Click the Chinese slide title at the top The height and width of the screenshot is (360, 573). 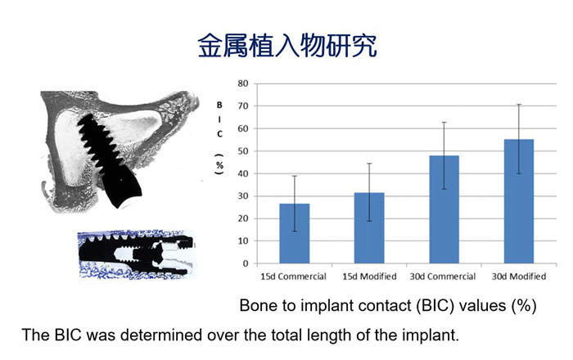pyautogui.click(x=287, y=46)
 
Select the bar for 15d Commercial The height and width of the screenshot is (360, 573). pyautogui.click(x=295, y=233)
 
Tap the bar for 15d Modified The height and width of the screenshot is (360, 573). pyautogui.click(x=369, y=227)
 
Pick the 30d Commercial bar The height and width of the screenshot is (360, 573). pyautogui.click(x=444, y=209)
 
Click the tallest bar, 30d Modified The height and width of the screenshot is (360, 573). pyautogui.click(x=519, y=201)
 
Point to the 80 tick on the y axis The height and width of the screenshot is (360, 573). pyautogui.click(x=243, y=83)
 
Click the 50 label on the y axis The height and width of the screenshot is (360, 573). pyautogui.click(x=243, y=151)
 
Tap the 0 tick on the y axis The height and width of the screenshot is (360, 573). pyautogui.click(x=246, y=263)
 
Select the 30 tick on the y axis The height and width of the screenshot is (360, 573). pyautogui.click(x=243, y=196)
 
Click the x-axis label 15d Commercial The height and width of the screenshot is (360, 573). pyautogui.click(x=293, y=277)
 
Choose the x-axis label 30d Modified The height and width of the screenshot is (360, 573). pyautogui.click(x=519, y=277)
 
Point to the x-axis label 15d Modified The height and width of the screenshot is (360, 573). pyautogui.click(x=369, y=277)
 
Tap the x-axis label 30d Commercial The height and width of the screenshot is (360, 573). pyautogui.click(x=443, y=277)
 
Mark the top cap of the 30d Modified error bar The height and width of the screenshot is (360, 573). pyautogui.click(x=519, y=105)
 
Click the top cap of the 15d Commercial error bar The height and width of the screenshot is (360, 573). pyautogui.click(x=295, y=176)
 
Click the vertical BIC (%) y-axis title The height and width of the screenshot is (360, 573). pyautogui.click(x=219, y=137)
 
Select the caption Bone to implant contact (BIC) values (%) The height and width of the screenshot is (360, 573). pyautogui.click(x=388, y=305)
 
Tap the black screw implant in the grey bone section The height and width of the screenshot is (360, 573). pyautogui.click(x=109, y=160)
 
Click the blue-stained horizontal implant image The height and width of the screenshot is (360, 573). pyautogui.click(x=137, y=254)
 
